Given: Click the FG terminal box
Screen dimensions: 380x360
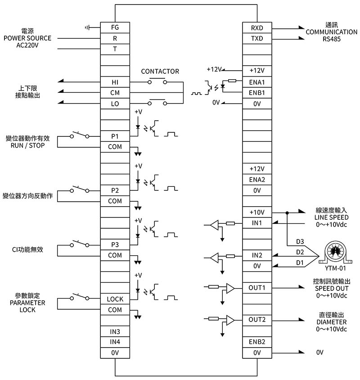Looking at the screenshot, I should (115, 27).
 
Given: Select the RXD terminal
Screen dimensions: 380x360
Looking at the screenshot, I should (257, 27).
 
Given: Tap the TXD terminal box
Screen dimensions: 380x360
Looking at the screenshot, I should (257, 38).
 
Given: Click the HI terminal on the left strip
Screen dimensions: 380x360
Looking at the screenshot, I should (115, 82).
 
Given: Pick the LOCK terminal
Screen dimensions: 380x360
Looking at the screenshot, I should (115, 299).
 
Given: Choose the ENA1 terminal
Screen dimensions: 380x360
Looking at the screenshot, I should (257, 82).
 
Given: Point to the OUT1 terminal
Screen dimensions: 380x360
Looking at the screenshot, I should (257, 288).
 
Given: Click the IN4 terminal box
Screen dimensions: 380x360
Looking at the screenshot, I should (115, 342).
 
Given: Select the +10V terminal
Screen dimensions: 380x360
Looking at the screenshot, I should (257, 212).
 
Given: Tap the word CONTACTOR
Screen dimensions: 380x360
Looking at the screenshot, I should (160, 71).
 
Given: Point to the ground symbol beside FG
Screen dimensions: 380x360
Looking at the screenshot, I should (87, 28).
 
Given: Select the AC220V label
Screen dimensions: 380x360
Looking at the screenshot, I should (27, 45).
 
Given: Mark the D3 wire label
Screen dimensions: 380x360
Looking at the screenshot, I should (300, 241).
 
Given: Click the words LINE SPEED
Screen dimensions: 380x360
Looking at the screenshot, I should (331, 217).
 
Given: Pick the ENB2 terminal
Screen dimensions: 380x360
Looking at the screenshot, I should (257, 342).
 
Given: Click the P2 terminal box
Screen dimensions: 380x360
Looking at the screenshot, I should (115, 190).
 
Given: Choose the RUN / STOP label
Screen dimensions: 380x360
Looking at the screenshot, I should (27, 145).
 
